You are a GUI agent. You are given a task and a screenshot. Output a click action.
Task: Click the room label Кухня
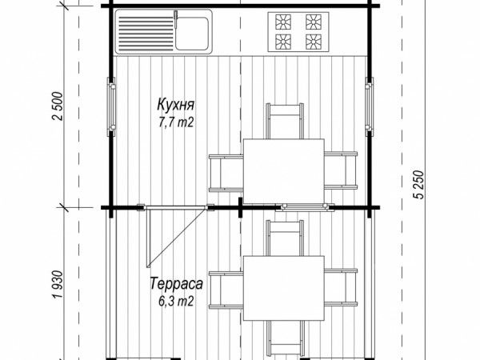[x=176, y=105]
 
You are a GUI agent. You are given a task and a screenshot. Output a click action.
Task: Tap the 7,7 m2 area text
[x=176, y=122]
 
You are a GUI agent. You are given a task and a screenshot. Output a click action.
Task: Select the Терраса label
[x=176, y=283]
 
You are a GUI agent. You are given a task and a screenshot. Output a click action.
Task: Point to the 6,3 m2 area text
[x=176, y=302]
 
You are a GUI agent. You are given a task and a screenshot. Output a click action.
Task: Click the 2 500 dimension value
[x=58, y=106]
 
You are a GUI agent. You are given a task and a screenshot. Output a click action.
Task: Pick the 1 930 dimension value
[x=58, y=284]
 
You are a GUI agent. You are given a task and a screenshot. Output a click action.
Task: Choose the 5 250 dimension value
[x=420, y=185]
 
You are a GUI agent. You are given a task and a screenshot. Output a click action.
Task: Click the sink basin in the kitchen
[x=192, y=33]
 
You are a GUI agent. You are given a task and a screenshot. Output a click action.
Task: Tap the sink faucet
[x=176, y=18]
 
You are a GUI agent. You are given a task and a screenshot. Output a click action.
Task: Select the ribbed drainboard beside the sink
[x=146, y=34]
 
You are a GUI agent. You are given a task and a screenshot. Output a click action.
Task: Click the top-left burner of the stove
[x=283, y=22]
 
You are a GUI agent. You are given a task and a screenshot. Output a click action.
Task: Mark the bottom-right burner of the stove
[x=314, y=42]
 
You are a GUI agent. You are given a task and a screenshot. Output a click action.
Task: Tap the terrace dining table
[x=284, y=288]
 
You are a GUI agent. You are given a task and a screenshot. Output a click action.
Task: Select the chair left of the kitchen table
[x=226, y=174]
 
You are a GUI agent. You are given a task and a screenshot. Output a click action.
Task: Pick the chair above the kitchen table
[x=285, y=122]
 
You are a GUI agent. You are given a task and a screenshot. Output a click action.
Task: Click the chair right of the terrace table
[x=341, y=288]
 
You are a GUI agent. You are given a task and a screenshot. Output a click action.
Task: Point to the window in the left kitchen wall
[x=111, y=106]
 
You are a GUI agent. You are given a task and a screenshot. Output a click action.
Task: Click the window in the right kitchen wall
[x=369, y=106]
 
